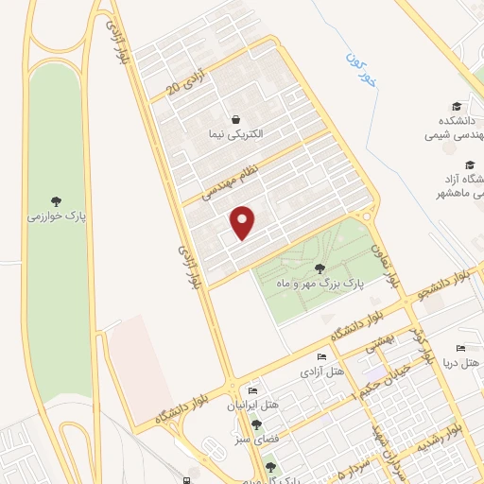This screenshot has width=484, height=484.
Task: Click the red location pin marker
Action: click(x=244, y=222)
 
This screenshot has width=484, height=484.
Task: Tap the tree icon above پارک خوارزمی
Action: click(x=57, y=200)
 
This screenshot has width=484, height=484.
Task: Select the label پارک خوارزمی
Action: click(x=57, y=216)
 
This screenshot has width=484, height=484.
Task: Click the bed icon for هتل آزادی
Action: click(x=321, y=356)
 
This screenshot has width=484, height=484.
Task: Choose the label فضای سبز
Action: click(x=256, y=440)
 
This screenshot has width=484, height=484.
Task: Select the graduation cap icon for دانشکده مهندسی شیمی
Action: click(x=457, y=106)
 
